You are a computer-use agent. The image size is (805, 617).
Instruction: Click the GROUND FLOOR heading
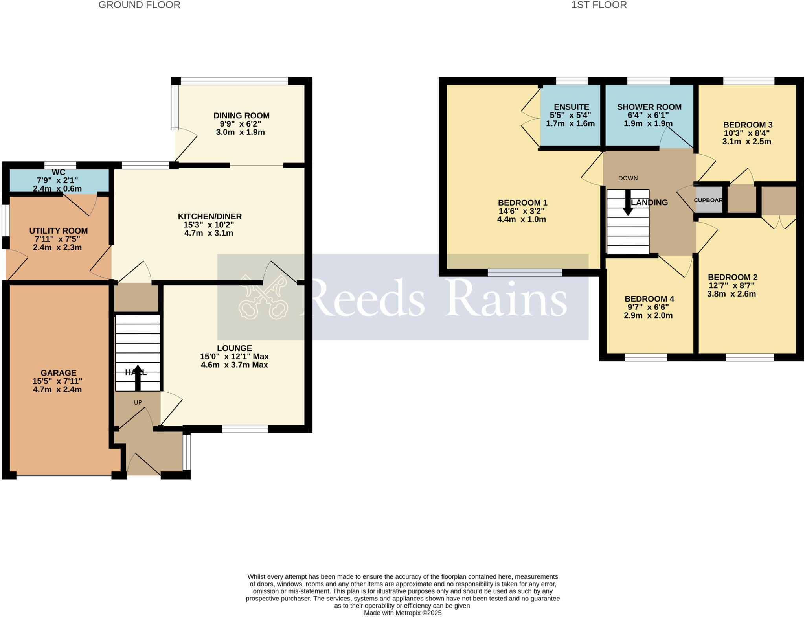click(139, 5)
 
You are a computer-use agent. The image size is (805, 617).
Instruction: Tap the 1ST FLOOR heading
click(599, 5)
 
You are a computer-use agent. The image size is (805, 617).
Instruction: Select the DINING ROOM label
click(241, 116)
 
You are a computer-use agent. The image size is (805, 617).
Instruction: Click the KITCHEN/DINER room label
click(210, 216)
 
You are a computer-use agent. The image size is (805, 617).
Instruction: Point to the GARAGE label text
click(58, 373)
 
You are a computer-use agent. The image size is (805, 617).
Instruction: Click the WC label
click(58, 173)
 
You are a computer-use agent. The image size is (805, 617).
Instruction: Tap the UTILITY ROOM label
click(58, 231)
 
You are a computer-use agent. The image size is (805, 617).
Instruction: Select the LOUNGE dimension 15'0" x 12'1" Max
click(234, 357)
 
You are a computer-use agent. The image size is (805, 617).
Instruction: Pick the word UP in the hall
click(138, 403)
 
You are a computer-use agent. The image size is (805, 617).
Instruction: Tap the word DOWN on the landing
click(628, 178)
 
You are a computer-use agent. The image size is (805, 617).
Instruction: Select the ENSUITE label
click(571, 107)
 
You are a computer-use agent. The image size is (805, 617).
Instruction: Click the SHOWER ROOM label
click(649, 107)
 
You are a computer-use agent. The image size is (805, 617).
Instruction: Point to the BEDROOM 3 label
click(748, 125)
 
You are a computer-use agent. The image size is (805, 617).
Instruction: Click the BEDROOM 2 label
click(732, 277)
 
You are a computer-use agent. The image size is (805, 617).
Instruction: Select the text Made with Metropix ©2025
click(402, 613)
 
